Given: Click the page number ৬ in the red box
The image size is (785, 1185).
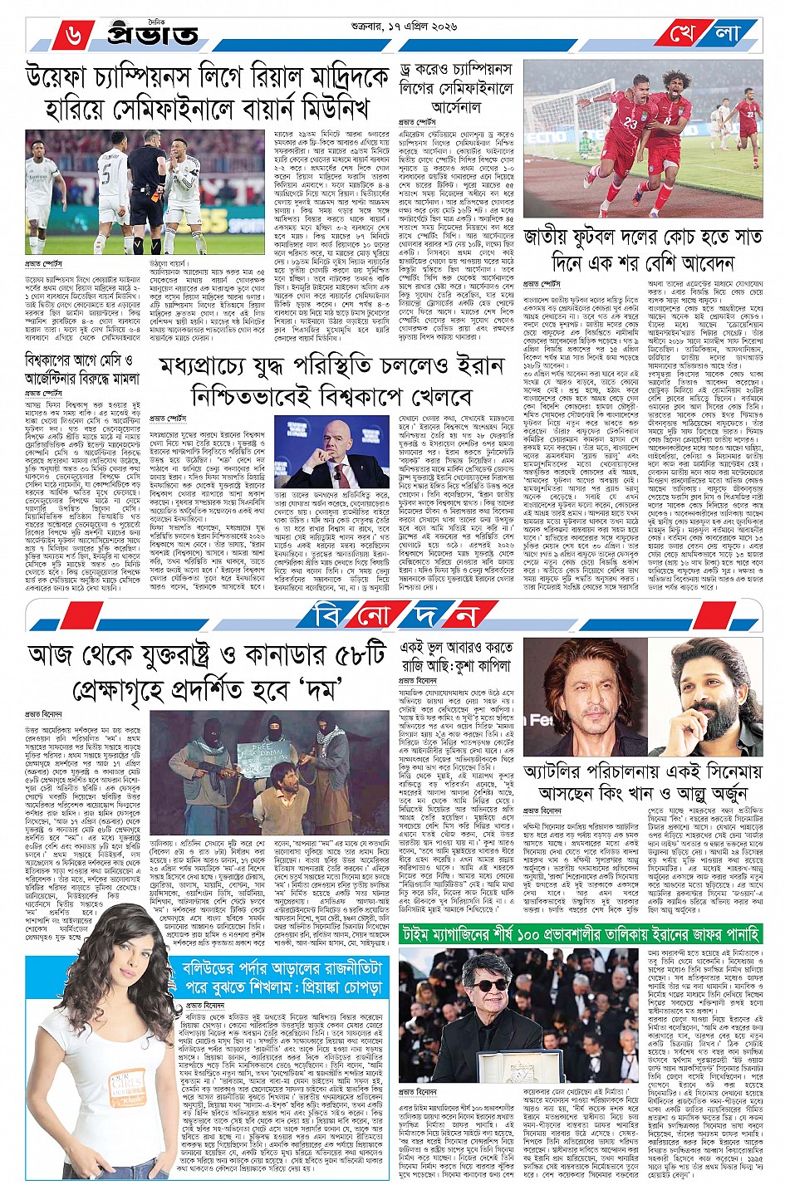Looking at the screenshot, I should coord(73,35).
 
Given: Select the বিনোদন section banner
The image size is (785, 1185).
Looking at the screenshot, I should coord(394,615).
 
